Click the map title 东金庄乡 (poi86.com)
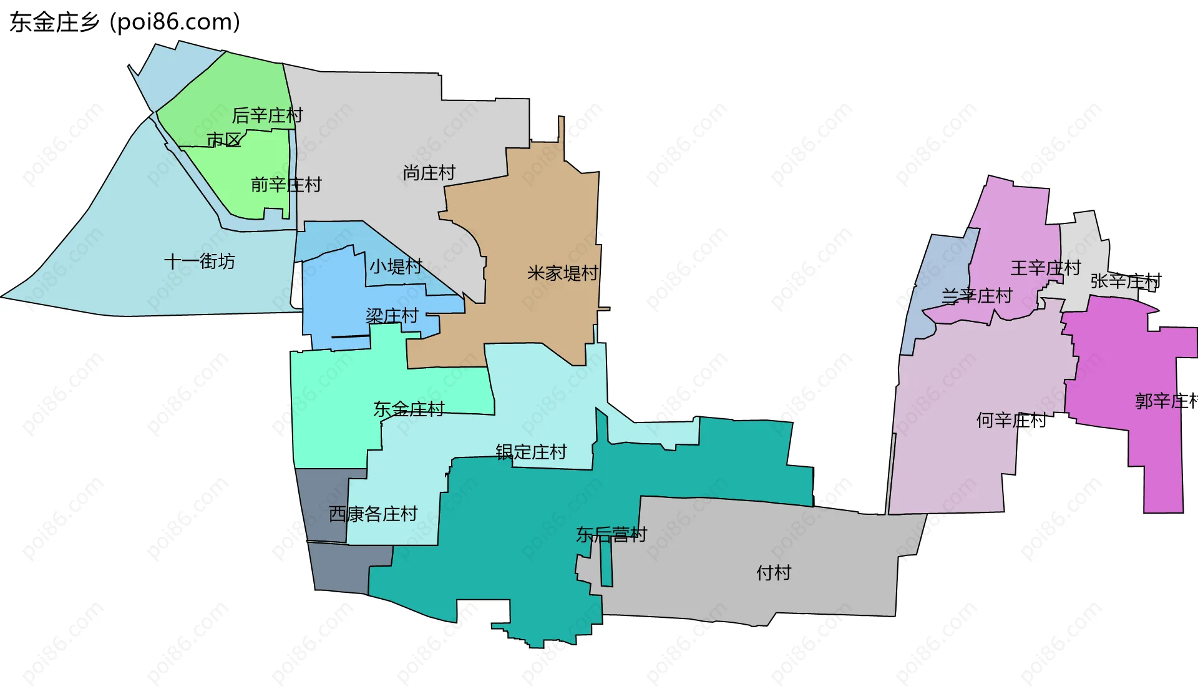click(x=125, y=22)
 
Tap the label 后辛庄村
click(x=267, y=115)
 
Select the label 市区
click(x=224, y=140)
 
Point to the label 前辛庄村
click(x=286, y=185)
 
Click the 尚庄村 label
click(x=429, y=173)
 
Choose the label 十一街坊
click(x=200, y=261)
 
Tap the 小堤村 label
click(x=396, y=266)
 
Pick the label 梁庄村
click(x=392, y=316)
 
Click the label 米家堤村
click(x=563, y=273)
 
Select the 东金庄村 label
click(x=409, y=409)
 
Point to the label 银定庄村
click(x=531, y=452)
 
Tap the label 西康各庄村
click(x=373, y=514)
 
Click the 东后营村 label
click(x=611, y=535)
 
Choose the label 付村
click(x=774, y=573)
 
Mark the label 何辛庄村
click(x=1011, y=421)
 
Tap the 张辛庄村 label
click(x=1126, y=281)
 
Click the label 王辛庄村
click(x=1046, y=268)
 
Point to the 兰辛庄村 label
click(x=976, y=296)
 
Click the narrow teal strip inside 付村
click(x=606, y=562)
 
